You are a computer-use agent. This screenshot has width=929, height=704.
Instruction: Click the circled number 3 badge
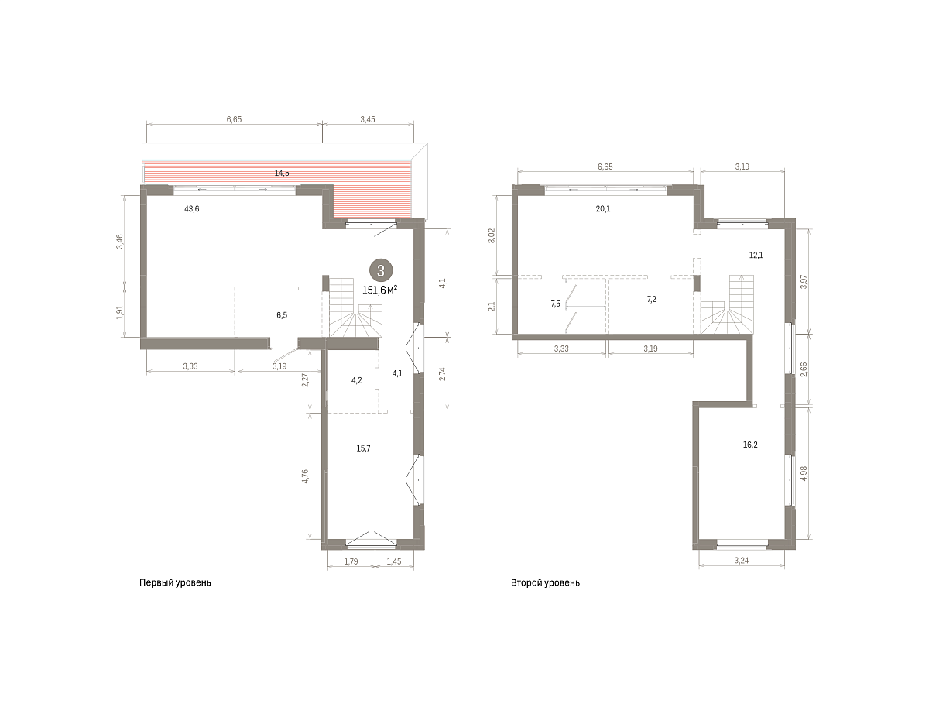point(380,270)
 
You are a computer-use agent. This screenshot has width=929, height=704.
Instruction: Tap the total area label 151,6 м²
point(379,290)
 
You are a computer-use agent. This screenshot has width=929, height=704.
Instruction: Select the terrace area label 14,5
point(282,173)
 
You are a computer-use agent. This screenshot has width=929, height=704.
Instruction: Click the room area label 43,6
point(192,208)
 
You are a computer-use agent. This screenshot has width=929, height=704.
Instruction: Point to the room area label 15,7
point(364,448)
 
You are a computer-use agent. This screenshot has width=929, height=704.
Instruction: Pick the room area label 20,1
point(603,208)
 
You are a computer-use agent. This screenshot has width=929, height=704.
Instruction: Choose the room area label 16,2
point(750,445)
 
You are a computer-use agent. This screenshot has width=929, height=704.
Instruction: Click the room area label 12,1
point(756,256)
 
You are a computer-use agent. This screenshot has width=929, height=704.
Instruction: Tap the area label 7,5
point(556,304)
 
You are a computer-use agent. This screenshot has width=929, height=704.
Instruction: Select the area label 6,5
point(282,315)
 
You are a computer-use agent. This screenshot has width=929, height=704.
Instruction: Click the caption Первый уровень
point(175,582)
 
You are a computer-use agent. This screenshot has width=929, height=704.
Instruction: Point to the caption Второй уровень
point(545,582)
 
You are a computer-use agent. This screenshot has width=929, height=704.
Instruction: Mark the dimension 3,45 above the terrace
point(368,119)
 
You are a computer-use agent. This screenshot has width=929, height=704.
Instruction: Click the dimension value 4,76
point(305,476)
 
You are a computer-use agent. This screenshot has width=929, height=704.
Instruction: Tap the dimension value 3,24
point(742,561)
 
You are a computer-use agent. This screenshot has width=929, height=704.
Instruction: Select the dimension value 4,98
point(804,473)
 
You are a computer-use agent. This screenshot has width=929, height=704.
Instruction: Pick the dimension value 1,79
point(351,561)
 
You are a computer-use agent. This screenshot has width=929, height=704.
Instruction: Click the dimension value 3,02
point(492,235)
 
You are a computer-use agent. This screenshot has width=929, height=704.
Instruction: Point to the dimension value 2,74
point(442,374)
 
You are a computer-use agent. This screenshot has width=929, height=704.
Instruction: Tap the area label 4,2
point(357,380)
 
